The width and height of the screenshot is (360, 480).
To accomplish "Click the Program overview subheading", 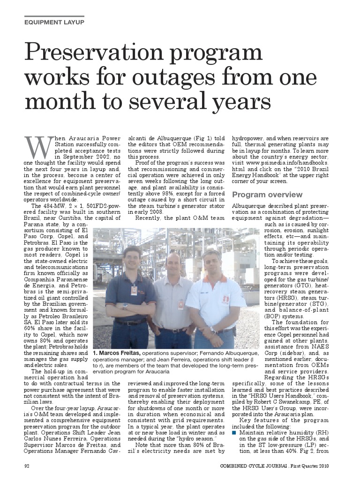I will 267,195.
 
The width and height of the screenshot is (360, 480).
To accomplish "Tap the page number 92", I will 28,466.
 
